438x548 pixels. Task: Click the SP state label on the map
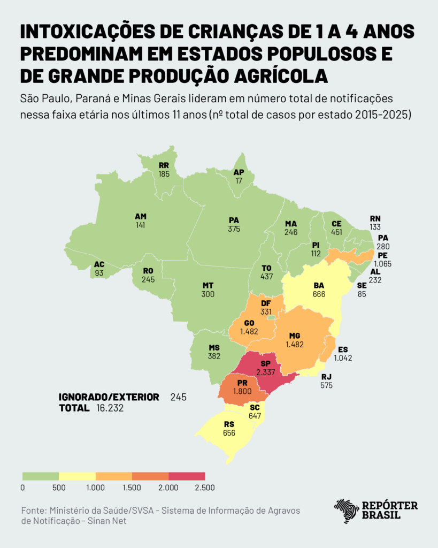[266, 363]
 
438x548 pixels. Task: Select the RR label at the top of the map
[164, 166]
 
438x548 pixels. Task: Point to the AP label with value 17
[238, 172]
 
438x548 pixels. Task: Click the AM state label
[141, 217]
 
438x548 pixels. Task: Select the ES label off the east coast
[343, 349]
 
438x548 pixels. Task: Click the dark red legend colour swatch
[187, 476]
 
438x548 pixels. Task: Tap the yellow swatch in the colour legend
[77, 476]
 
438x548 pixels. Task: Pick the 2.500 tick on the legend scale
[205, 488]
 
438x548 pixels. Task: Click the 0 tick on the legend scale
[22, 488]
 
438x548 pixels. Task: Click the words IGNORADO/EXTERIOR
[109, 397]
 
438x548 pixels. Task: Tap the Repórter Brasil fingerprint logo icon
[347, 512]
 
